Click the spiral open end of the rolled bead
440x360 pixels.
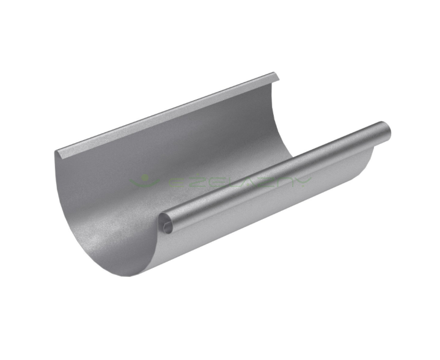(x=167, y=226)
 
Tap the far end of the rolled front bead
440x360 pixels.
(x=384, y=130)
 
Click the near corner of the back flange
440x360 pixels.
(x=56, y=152)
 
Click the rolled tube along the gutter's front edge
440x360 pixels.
(x=275, y=177)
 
